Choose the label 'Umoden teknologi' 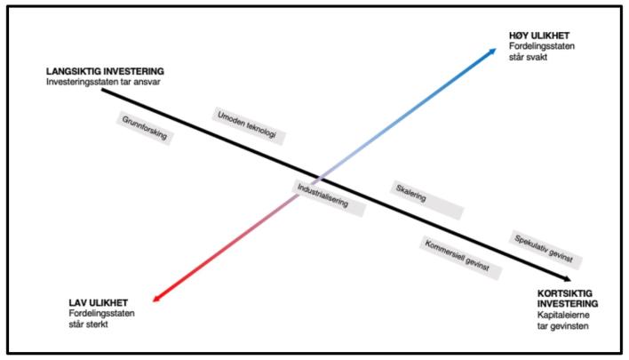(x=245, y=124)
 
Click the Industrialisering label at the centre (x=322, y=196)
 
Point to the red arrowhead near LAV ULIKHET (x=156, y=300)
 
